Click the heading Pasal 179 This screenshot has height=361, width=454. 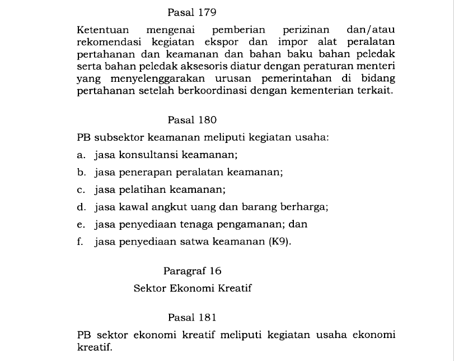pyautogui.click(x=192, y=11)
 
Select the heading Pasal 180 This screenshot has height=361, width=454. pyautogui.click(x=192, y=120)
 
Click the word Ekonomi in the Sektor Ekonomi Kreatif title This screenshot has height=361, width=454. pyautogui.click(x=196, y=289)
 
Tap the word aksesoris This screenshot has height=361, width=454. pyautogui.click(x=185, y=67)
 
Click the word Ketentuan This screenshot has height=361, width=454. pyautogui.click(x=103, y=29)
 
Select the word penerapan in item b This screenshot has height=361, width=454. pyautogui.click(x=144, y=172)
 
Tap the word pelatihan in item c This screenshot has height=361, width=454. pyautogui.click(x=141, y=189)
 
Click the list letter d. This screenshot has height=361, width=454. pyautogui.click(x=81, y=207)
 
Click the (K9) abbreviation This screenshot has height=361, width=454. pyautogui.click(x=280, y=242)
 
